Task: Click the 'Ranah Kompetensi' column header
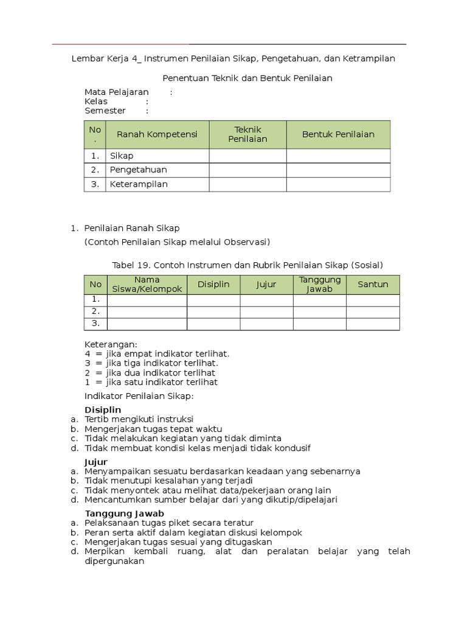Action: pyautogui.click(x=157, y=134)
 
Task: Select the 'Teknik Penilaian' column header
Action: pyautogui.click(x=247, y=134)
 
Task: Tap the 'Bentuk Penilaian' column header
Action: pyautogui.click(x=338, y=134)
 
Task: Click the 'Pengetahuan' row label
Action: pyautogui.click(x=139, y=170)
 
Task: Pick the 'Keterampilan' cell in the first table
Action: pyautogui.click(x=139, y=184)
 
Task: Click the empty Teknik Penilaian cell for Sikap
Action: pyautogui.click(x=247, y=156)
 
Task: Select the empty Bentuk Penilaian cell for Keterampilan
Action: pyautogui.click(x=338, y=184)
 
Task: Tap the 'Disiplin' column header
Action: pyautogui.click(x=213, y=285)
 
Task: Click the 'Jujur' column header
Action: pyautogui.click(x=266, y=285)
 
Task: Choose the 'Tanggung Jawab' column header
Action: pyautogui.click(x=320, y=285)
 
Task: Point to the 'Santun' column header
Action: pyautogui.click(x=373, y=285)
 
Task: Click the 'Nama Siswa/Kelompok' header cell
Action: pyautogui.click(x=147, y=285)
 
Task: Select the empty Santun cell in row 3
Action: pyautogui.click(x=373, y=324)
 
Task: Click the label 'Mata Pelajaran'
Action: pyautogui.click(x=117, y=92)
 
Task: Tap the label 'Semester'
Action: pyautogui.click(x=105, y=111)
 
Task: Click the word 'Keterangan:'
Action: pyautogui.click(x=111, y=344)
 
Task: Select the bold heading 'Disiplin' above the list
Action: pyautogui.click(x=103, y=410)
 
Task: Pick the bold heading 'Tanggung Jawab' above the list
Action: pyautogui.click(x=124, y=513)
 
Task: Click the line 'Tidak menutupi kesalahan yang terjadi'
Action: pyautogui.click(x=161, y=481)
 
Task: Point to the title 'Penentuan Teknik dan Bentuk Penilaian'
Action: pyautogui.click(x=247, y=78)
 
